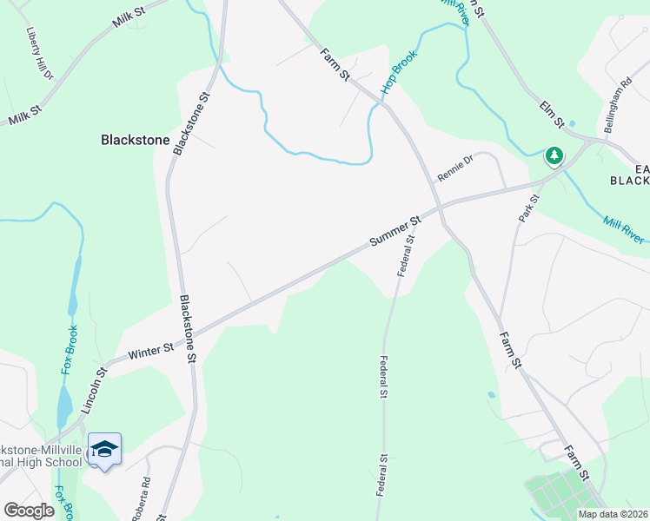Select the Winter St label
151,352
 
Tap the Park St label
528,208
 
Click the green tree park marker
554,156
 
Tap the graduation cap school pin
104,449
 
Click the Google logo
29,511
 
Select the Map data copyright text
612,514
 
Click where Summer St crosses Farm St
438,208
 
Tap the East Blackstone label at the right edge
640,175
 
